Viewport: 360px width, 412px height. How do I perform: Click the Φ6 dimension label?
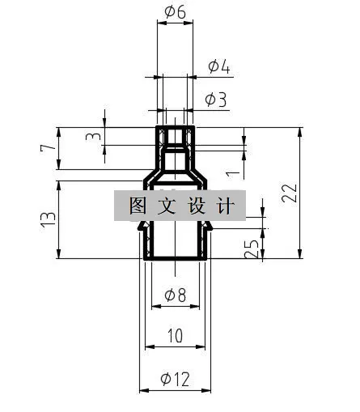click(176, 12)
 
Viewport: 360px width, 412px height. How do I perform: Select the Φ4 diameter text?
click(219, 66)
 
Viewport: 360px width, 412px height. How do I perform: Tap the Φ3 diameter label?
click(216, 100)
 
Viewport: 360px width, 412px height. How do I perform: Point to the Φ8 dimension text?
click(176, 295)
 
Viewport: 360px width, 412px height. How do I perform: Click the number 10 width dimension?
click(176, 335)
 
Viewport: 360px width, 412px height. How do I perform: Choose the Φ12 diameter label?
click(176, 379)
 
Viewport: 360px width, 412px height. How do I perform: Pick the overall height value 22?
click(289, 193)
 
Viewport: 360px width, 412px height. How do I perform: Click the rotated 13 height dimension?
click(49, 219)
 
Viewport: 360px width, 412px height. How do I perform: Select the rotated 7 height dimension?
click(48, 148)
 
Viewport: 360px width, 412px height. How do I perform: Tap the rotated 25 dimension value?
click(252, 248)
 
